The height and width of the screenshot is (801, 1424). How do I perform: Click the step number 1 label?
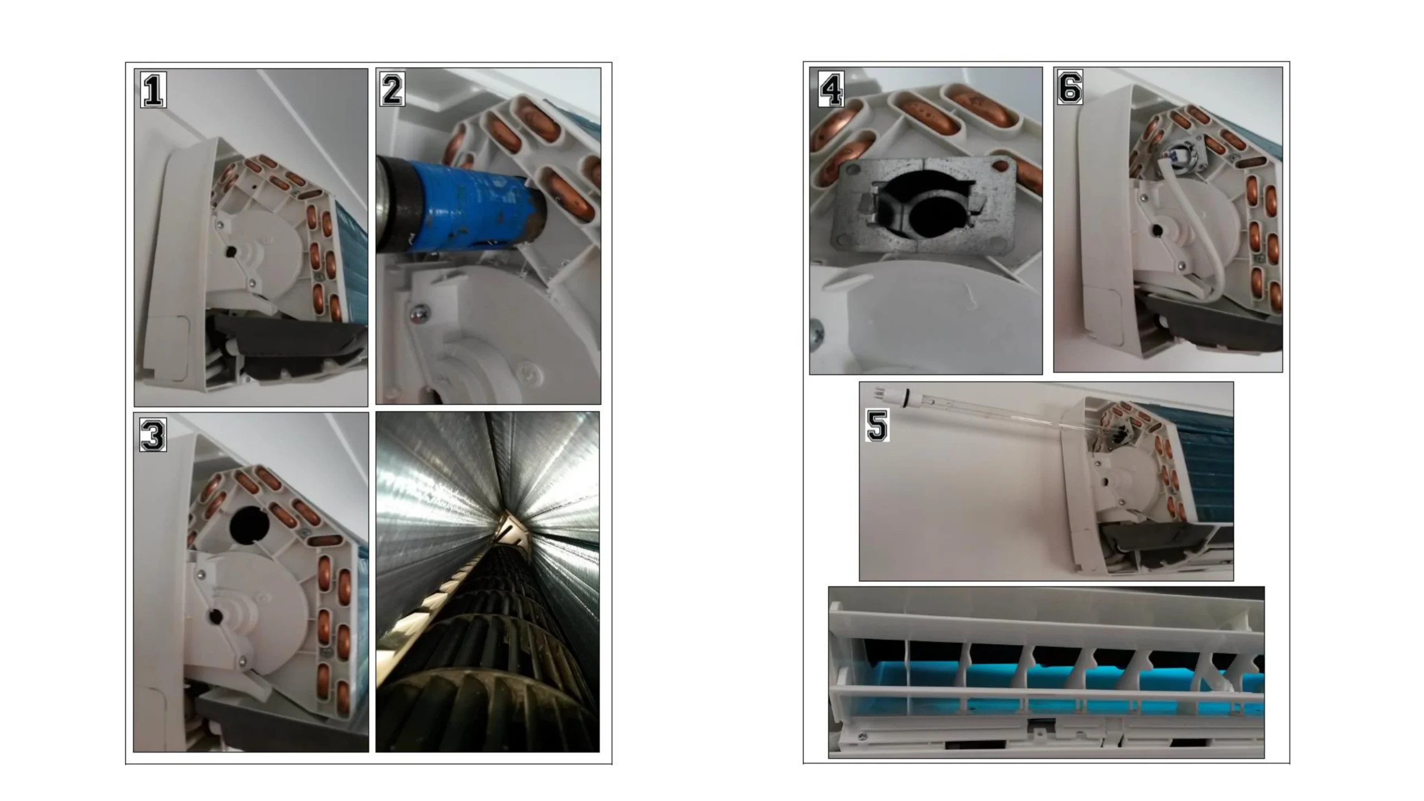(x=153, y=90)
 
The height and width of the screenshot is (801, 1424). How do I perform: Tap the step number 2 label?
(x=393, y=89)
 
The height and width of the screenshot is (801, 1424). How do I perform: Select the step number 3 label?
(x=153, y=434)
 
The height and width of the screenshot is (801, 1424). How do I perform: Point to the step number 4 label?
(x=832, y=89)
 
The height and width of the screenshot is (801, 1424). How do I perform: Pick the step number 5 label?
(x=877, y=425)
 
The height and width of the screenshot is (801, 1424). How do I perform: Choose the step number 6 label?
(x=1070, y=87)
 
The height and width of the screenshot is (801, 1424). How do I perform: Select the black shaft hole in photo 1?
(x=230, y=253)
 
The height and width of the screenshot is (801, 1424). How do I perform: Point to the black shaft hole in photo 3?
(x=214, y=615)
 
